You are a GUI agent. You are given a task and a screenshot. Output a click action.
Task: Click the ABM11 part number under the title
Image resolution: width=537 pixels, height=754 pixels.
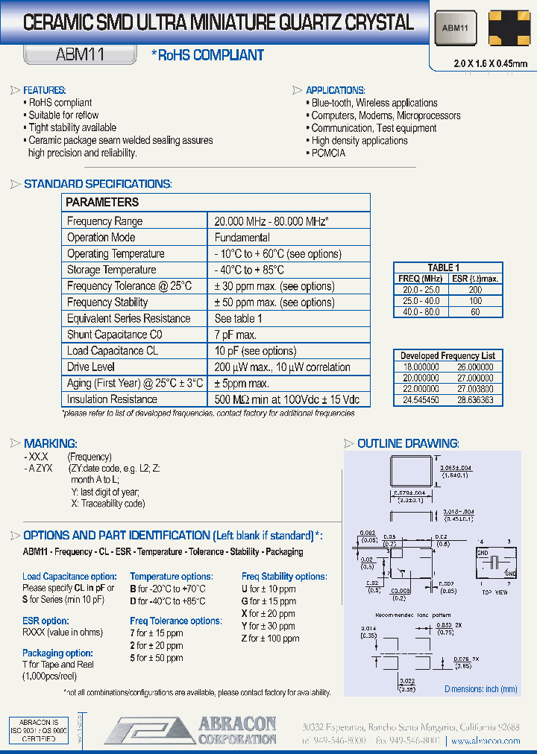click(80, 54)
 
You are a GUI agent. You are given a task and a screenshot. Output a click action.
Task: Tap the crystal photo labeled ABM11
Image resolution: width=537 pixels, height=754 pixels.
click(455, 28)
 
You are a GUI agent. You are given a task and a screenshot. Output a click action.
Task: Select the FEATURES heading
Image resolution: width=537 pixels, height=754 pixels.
click(45, 90)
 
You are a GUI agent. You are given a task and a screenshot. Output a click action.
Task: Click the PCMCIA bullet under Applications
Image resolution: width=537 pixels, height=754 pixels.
click(328, 153)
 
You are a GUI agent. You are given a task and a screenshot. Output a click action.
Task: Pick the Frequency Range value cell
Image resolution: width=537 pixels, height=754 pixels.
click(271, 221)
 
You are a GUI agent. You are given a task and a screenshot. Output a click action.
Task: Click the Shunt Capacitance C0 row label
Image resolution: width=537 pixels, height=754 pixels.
click(114, 335)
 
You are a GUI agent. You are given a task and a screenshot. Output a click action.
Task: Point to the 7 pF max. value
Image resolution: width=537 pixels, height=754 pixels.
click(236, 335)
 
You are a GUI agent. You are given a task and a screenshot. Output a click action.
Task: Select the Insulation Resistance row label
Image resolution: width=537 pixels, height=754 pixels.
click(112, 399)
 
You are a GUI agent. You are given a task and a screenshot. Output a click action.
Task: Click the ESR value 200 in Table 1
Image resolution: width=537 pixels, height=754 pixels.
click(475, 289)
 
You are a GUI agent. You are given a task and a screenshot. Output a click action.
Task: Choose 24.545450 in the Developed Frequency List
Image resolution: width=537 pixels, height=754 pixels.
click(421, 400)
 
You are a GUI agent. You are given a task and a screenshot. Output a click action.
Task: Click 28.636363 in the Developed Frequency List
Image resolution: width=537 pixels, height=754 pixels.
click(475, 400)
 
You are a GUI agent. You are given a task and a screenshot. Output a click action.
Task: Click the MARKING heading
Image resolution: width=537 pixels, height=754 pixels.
click(50, 443)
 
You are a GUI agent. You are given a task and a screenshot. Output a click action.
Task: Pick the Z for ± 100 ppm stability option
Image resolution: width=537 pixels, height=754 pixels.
click(270, 639)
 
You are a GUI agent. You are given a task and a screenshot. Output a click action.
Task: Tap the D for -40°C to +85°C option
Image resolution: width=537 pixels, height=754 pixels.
click(167, 601)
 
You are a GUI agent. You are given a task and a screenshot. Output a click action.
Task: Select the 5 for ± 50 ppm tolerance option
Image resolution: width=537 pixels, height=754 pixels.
click(157, 658)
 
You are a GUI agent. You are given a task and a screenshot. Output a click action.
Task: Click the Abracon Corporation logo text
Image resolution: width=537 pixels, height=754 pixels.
click(237, 731)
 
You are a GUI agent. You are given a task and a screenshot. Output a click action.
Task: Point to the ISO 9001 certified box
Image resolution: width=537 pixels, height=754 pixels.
click(38, 731)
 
